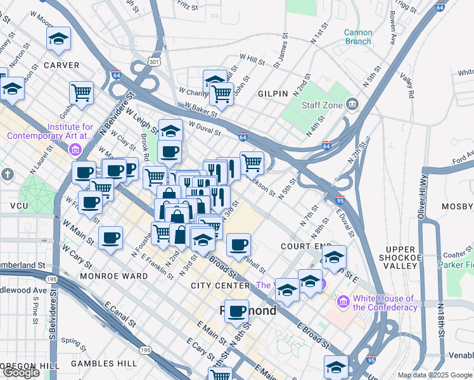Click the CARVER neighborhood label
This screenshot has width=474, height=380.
pyautogui.click(x=61, y=65)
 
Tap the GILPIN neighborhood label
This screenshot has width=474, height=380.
pyautogui.click(x=273, y=93)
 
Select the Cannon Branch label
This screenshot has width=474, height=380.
pyautogui.click(x=358, y=37)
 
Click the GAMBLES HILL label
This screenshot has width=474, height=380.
pyautogui.click(x=103, y=364)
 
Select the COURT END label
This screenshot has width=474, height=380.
pyautogui.click(x=306, y=246)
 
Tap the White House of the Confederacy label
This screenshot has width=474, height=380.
pyautogui.click(x=385, y=303)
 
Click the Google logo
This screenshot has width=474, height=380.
pyautogui.click(x=21, y=372)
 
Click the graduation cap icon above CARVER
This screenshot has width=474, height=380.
pyautogui.click(x=59, y=39)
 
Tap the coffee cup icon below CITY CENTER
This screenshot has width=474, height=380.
pyautogui.click(x=236, y=310)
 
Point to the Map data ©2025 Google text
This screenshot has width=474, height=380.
pyautogui.click(x=434, y=375)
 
